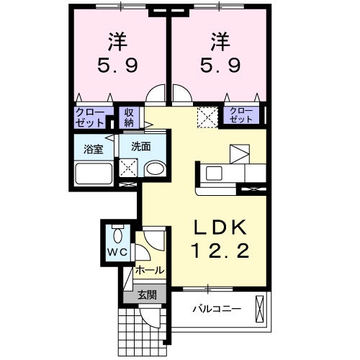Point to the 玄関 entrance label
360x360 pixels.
click(145, 294)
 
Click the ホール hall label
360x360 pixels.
click(149, 271)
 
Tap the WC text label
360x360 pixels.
click(117, 251)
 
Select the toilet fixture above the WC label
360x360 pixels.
click(118, 234)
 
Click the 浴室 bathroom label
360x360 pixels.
click(93, 150)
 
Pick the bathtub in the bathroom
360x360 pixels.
click(94, 175)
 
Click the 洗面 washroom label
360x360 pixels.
click(140, 146)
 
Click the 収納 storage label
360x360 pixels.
click(129, 117)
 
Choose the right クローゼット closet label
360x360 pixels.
click(241, 115)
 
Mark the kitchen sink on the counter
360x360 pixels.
click(215, 173)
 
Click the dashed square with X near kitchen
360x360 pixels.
click(208, 116)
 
